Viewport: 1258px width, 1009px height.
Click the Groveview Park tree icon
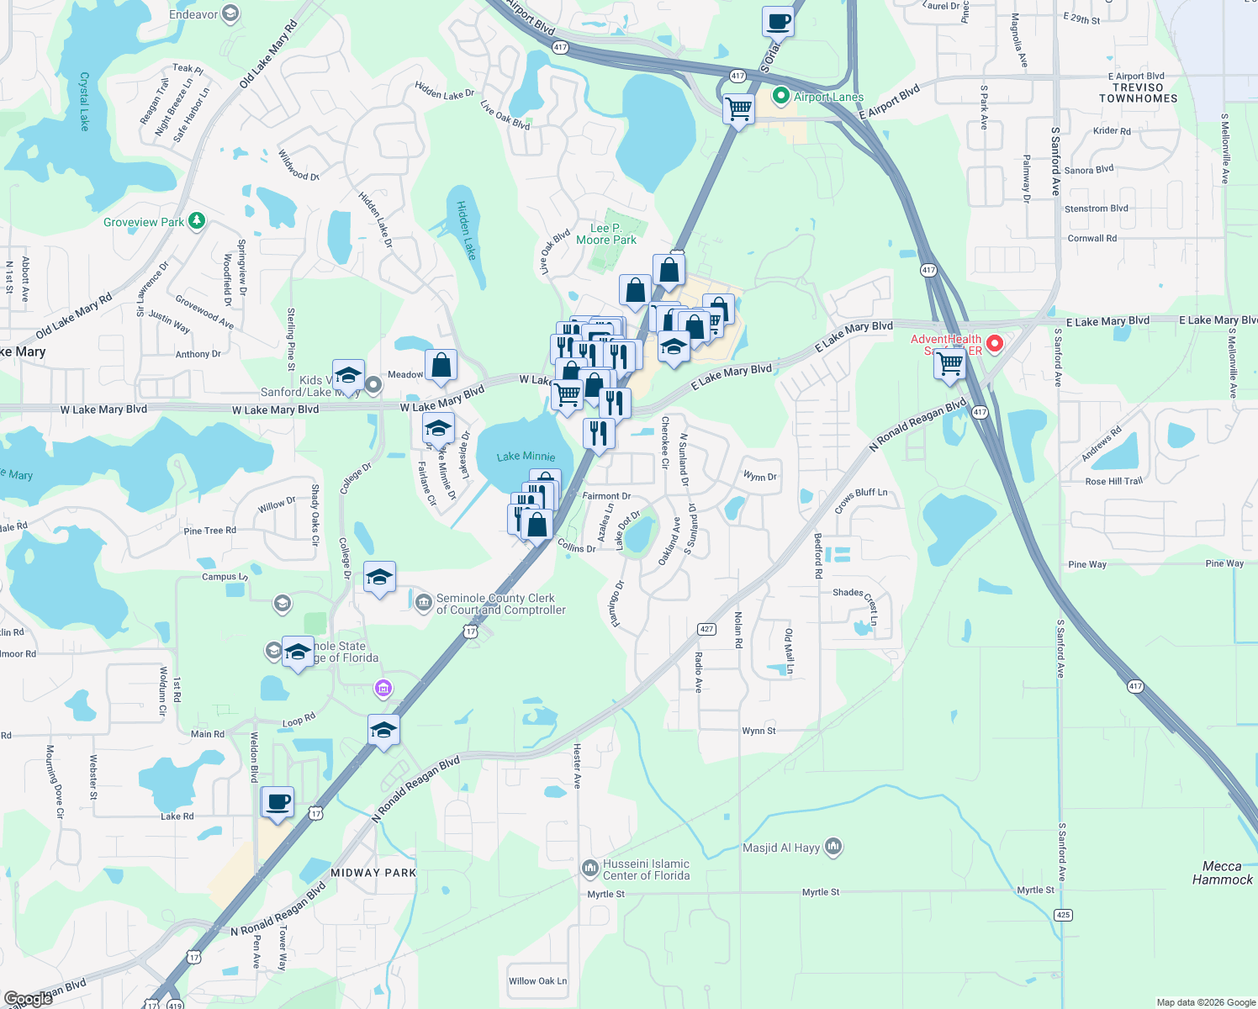pyautogui.click(x=197, y=221)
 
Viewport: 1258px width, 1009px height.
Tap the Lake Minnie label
pyautogui.click(x=526, y=457)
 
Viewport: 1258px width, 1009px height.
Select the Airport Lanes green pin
pyautogui.click(x=781, y=97)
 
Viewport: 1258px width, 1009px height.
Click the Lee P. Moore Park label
pyautogui.click(x=606, y=234)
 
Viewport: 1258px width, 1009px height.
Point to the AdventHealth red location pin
pyautogui.click(x=995, y=343)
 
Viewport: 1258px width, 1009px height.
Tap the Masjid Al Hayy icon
pyautogui.click(x=833, y=846)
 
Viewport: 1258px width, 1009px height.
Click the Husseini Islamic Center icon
pyautogui.click(x=590, y=867)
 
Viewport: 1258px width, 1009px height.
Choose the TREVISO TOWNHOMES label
pyautogui.click(x=1138, y=92)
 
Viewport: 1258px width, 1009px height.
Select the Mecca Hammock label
pyautogui.click(x=1222, y=873)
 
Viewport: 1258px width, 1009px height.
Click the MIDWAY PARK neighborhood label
pyautogui.click(x=373, y=873)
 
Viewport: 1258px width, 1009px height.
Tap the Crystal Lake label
pyautogui.click(x=84, y=101)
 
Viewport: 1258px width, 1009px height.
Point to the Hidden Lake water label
pyautogui.click(x=466, y=230)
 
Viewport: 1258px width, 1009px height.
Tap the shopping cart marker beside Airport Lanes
pyautogui.click(x=738, y=108)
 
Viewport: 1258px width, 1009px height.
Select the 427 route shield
pyautogui.click(x=706, y=629)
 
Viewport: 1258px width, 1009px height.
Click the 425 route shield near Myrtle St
pyautogui.click(x=1064, y=915)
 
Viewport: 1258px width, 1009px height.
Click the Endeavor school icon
pyautogui.click(x=230, y=14)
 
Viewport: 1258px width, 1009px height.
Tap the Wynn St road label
pyautogui.click(x=758, y=731)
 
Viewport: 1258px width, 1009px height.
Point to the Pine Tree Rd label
pyautogui.click(x=209, y=531)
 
